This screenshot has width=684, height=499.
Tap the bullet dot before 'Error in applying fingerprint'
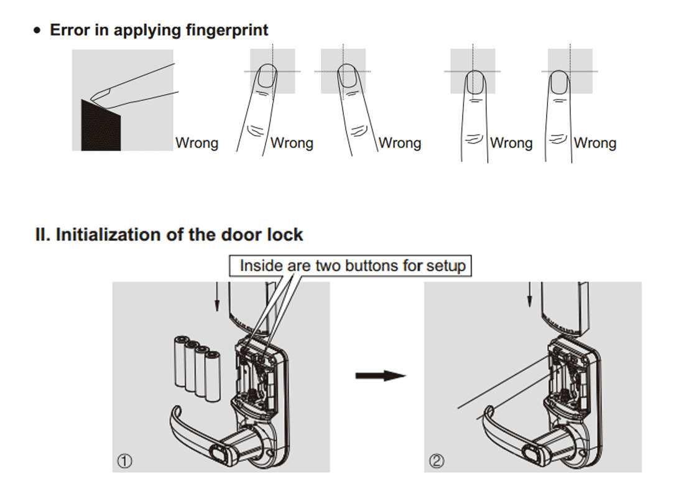(39, 31)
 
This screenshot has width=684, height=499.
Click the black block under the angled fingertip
(101, 128)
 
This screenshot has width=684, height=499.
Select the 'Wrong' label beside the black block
(196, 143)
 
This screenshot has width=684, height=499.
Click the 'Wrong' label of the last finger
(594, 143)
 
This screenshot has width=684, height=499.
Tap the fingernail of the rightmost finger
(561, 82)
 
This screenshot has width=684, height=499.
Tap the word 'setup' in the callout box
(446, 266)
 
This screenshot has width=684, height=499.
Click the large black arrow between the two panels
(380, 376)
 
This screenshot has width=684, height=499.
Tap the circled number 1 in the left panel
(126, 461)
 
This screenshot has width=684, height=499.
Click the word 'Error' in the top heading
(70, 30)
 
